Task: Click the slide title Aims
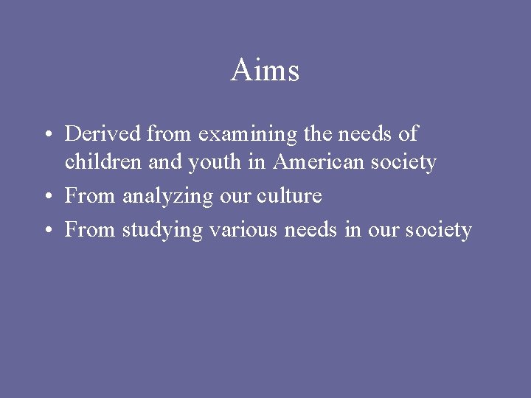tap(265, 71)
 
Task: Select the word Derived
tap(103, 134)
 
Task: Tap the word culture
tap(292, 196)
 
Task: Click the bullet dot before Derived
tap(46, 135)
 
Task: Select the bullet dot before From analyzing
tap(46, 197)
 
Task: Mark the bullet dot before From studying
tap(46, 231)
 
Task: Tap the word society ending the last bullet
tap(437, 231)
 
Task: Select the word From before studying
tap(90, 230)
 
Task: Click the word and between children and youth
tap(164, 161)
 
